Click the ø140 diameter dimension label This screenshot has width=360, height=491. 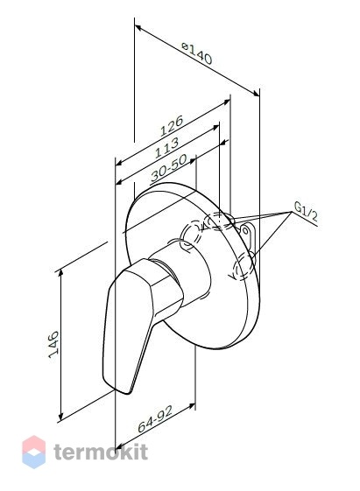click(197, 53)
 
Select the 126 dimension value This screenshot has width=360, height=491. click(171, 125)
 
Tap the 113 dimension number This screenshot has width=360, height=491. click(167, 148)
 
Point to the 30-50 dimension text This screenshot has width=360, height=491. click(168, 167)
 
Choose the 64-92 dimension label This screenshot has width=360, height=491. click(155, 419)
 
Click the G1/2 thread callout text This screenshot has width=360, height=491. click(306, 212)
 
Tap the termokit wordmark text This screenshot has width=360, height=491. click(101, 452)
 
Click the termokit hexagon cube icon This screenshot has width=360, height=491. click(34, 452)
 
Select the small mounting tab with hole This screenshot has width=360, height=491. click(248, 231)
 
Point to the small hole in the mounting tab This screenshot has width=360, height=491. click(246, 231)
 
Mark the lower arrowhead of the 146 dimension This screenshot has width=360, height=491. click(60, 417)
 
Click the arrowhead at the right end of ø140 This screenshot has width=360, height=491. click(257, 93)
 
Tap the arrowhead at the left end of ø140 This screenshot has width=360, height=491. click(138, 27)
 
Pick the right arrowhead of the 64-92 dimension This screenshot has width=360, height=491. click(192, 406)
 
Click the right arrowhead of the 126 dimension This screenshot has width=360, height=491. click(227, 102)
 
